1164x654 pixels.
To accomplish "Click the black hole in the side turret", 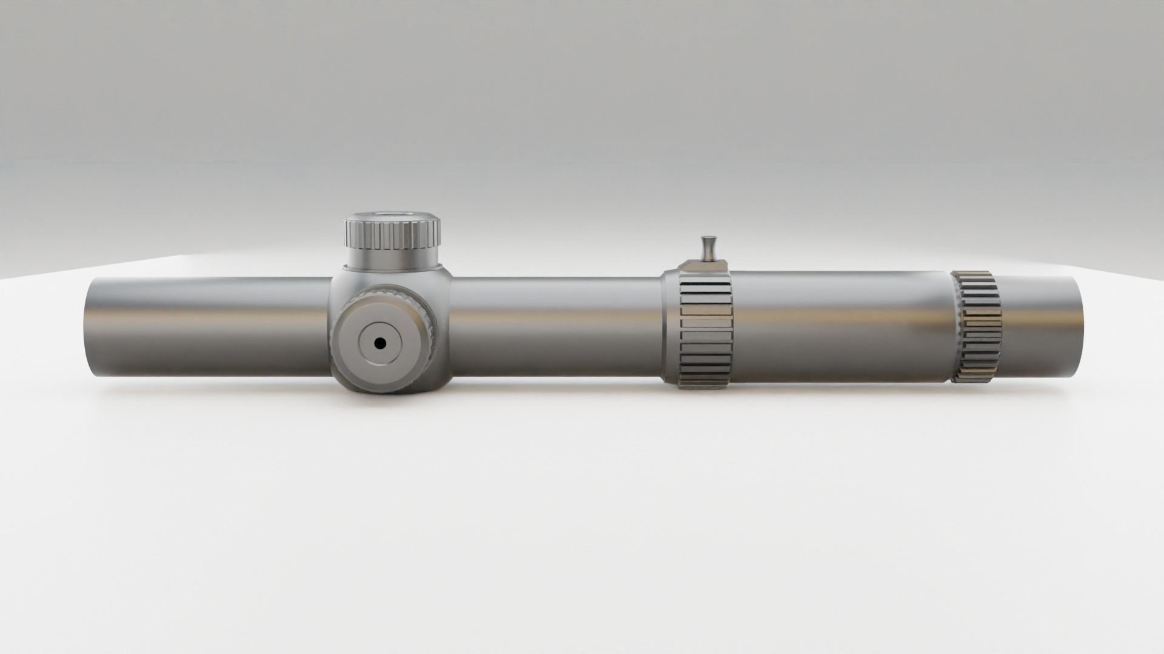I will pos(380,343).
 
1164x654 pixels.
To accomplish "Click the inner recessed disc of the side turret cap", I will pos(380,343).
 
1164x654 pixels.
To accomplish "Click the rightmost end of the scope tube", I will pos(1076,327).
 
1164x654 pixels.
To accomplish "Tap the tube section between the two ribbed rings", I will pos(843,327).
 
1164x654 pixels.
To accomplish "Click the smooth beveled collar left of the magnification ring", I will pos(669,327).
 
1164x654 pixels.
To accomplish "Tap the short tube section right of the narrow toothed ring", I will pos(1037,327).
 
